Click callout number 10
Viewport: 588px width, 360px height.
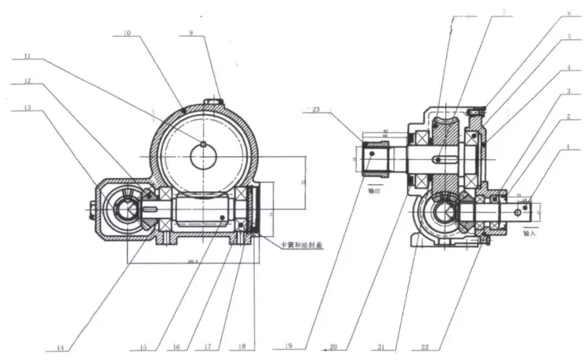tap(128, 35)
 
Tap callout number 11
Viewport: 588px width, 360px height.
tap(30, 57)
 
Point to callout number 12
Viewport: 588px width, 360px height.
tap(28, 82)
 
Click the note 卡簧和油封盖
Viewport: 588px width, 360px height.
tap(294, 245)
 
